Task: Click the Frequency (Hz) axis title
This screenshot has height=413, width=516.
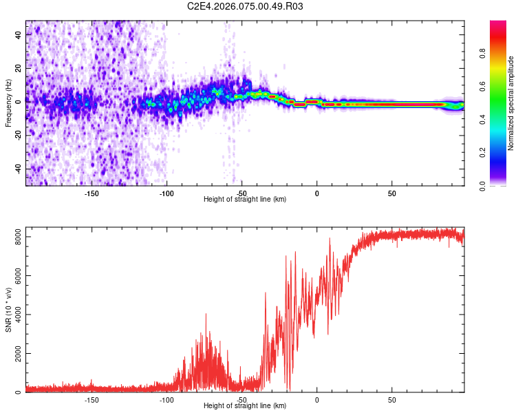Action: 8,103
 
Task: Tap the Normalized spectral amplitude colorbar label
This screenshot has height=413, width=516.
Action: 510,103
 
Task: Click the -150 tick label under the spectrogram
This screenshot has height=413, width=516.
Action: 92,193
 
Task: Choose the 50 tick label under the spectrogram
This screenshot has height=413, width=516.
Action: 391,193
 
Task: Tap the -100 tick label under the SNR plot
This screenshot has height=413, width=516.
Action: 166,399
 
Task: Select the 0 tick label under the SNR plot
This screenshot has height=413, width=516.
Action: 316,399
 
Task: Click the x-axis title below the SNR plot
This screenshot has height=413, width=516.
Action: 245,406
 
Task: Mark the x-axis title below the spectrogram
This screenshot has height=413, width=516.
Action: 245,200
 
